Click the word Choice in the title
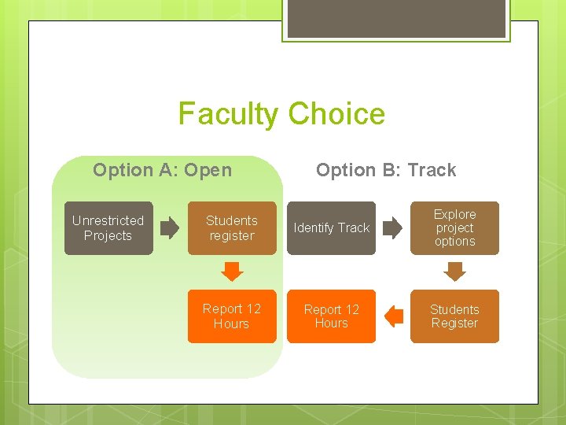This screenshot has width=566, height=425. [x=336, y=114]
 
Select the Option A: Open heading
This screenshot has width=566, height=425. [x=162, y=170]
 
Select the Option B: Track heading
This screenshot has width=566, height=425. [x=385, y=170]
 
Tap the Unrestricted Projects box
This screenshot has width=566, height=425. [x=108, y=228]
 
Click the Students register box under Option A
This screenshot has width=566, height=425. [x=232, y=228]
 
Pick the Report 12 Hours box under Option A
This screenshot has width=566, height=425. [x=232, y=316]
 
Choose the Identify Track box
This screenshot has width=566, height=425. [x=331, y=228]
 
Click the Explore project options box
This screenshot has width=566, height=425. [x=454, y=228]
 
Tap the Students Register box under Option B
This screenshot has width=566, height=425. [x=454, y=316]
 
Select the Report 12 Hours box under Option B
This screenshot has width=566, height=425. [x=331, y=316]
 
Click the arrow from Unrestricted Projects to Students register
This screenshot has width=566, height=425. [x=170, y=229]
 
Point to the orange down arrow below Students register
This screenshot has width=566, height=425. [x=232, y=272]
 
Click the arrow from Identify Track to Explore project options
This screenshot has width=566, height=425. [x=393, y=229]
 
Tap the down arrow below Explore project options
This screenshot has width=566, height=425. [x=454, y=272]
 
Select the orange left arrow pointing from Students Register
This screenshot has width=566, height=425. [x=394, y=316]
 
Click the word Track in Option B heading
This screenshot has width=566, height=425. [x=432, y=170]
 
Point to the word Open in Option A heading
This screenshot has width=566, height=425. [x=205, y=170]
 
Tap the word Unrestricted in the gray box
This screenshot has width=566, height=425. [x=108, y=220]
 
